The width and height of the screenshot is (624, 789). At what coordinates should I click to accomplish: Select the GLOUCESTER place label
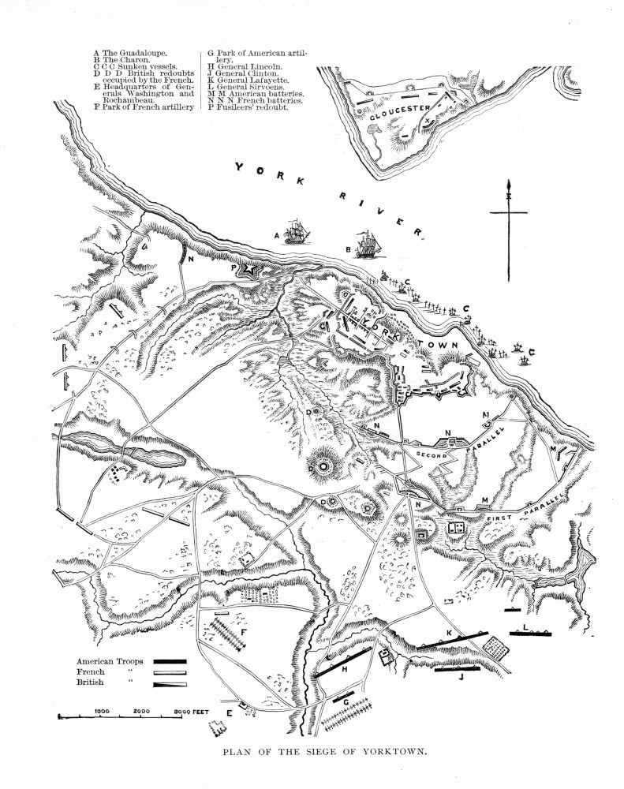tap(403, 112)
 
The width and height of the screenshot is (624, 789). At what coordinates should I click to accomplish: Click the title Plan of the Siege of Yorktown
tap(312, 751)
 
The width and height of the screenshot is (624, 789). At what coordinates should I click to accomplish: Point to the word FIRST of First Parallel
tap(503, 518)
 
